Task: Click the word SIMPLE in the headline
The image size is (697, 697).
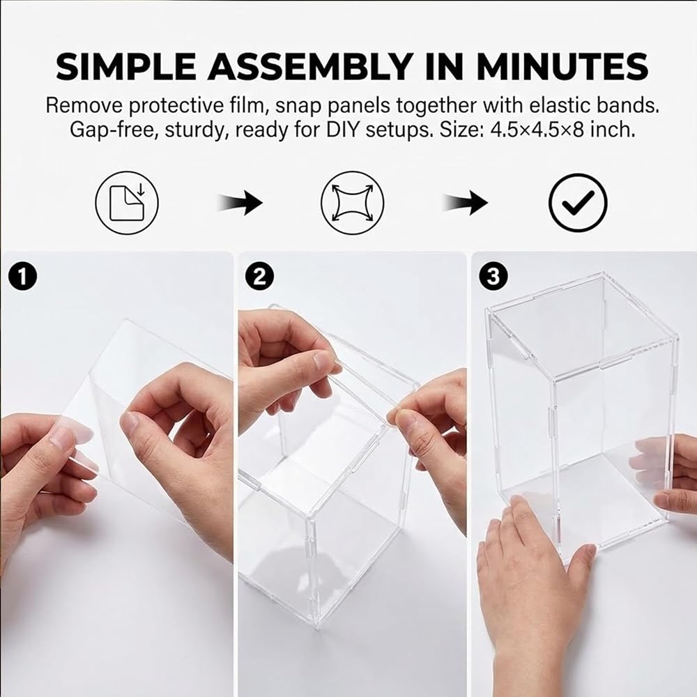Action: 125,66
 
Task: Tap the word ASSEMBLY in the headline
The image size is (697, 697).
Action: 310,66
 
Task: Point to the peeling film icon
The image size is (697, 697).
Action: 127,203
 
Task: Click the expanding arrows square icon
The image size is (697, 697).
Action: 352,203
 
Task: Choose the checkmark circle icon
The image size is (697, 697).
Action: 578,203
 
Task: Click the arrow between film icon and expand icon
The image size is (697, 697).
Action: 240,203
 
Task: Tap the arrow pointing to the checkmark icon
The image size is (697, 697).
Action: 466,203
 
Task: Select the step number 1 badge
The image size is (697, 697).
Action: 23,276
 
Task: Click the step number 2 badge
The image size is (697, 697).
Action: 259,276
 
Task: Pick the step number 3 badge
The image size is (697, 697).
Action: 493,276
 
